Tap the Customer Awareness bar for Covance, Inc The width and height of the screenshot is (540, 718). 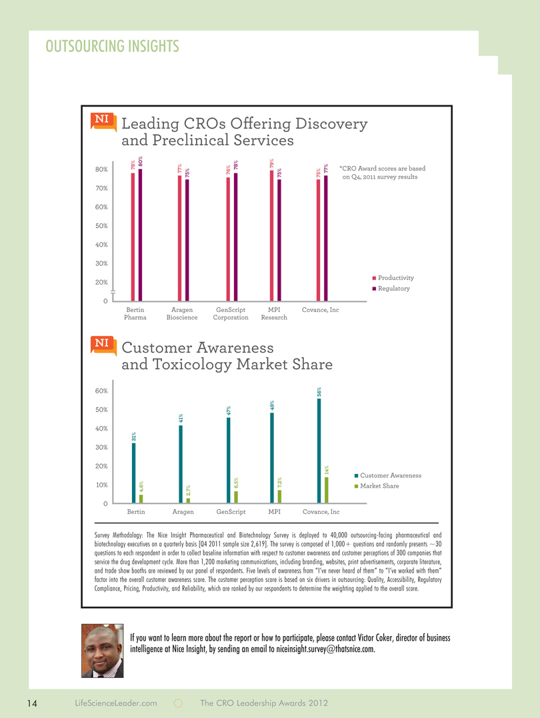[319, 451]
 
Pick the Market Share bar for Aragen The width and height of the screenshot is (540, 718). [188, 500]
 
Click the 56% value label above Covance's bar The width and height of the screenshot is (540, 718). [319, 393]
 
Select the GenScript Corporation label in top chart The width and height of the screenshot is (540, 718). [231, 314]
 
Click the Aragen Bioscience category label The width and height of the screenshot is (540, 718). [182, 314]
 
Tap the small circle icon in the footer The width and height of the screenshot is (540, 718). [179, 703]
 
